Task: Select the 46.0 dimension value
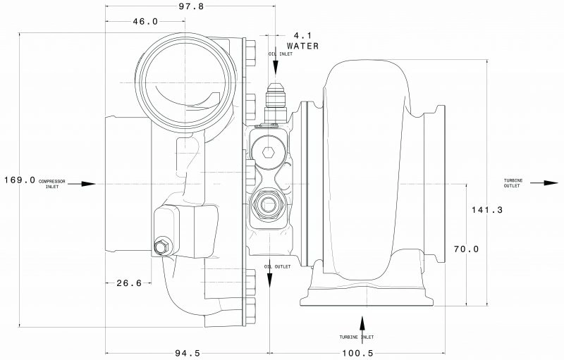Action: tap(145, 22)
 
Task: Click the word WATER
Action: tap(302, 46)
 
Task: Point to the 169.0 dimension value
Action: tap(19, 180)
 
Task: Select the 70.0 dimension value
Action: tap(467, 249)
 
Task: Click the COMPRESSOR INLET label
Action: tap(53, 184)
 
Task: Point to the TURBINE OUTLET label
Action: tap(513, 183)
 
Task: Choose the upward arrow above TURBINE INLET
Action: tap(362, 323)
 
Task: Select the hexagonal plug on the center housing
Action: tap(267, 151)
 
